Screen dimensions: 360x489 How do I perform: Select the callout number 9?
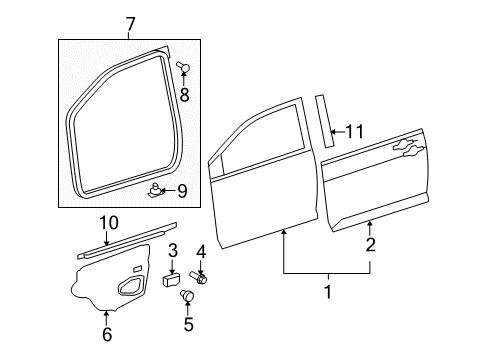[183, 190]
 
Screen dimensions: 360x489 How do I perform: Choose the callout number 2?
[370, 245]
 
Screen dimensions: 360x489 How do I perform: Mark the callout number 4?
[201, 250]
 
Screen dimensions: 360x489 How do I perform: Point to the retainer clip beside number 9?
[156, 186]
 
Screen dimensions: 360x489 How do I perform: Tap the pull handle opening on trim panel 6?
[131, 289]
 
